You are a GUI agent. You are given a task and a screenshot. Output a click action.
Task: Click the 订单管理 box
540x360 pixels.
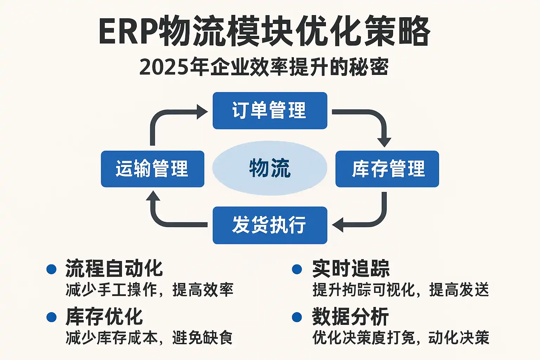click(270, 110)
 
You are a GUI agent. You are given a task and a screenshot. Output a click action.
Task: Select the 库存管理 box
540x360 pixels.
click(387, 169)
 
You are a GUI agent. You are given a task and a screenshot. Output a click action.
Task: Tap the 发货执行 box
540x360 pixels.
click(270, 225)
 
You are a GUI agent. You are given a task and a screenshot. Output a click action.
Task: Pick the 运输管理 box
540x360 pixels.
click(152, 169)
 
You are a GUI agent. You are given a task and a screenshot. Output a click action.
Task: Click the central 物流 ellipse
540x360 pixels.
click(270, 168)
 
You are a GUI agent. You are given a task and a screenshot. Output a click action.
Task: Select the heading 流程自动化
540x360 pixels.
click(114, 269)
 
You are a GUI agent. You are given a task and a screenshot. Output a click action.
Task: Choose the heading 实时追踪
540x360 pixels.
click(351, 269)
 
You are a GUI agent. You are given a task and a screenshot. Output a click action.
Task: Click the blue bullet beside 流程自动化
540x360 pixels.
click(51, 269)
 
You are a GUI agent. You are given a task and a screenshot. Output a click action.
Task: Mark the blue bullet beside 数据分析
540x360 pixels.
click(297, 317)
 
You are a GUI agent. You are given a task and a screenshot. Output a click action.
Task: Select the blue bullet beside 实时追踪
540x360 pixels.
click(297, 269)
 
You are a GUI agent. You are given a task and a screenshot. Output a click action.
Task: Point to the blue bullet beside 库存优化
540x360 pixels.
click(51, 317)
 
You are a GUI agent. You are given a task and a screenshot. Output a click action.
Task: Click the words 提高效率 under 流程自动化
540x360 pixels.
click(203, 290)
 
